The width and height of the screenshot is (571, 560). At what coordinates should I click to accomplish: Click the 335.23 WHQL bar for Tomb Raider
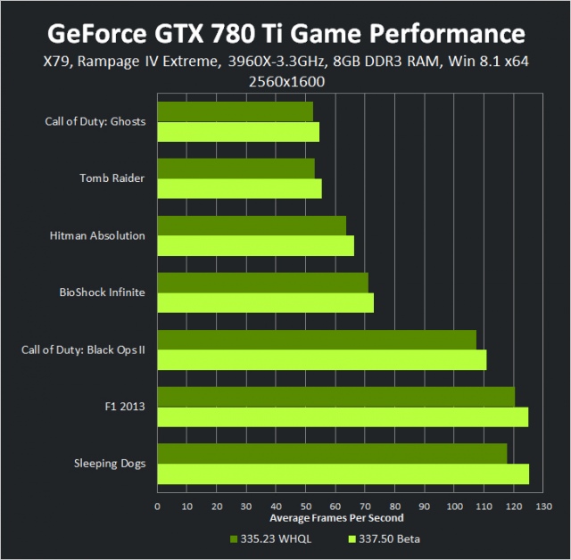236,169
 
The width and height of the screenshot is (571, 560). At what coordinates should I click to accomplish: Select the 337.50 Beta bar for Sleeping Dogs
343,474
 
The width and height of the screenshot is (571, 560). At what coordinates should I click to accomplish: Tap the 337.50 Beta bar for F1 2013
343,416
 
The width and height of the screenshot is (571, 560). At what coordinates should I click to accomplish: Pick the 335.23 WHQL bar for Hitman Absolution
252,226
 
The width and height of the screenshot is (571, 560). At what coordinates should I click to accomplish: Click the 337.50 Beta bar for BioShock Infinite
265,302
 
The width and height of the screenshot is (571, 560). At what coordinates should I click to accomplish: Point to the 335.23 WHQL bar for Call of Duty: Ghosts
235,111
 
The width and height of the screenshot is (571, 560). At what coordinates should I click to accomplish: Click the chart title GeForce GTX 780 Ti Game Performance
285,34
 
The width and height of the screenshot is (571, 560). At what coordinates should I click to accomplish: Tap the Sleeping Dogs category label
112,464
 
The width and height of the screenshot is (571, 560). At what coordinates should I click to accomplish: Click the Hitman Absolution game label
98,235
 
